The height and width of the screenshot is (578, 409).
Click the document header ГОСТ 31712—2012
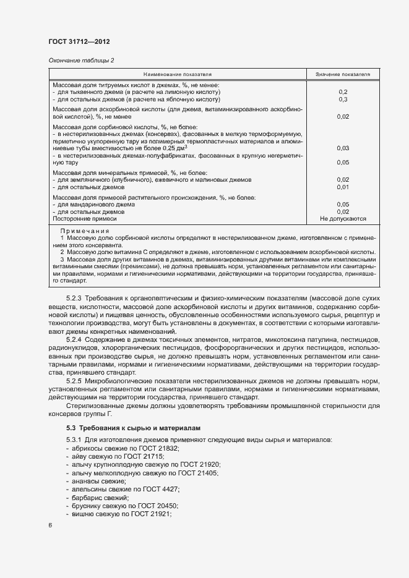pyautogui.click(x=79, y=41)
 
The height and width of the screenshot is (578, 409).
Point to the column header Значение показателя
pyautogui.click(x=342, y=74)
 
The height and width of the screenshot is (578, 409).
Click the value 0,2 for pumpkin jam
pyautogui.click(x=342, y=91)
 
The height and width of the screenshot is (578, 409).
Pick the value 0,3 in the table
pyautogui.click(x=342, y=99)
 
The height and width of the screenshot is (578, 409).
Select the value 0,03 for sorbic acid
pyautogui.click(x=342, y=148)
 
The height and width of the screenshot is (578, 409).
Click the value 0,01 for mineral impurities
pyautogui.click(x=342, y=187)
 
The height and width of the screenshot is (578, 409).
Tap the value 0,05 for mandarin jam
pyautogui.click(x=342, y=204)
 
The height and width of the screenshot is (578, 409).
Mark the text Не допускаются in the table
pyautogui.click(x=343, y=218)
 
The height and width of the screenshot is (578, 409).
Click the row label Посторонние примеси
pyautogui.click(x=84, y=218)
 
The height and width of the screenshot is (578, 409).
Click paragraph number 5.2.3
pyautogui.click(x=74, y=299)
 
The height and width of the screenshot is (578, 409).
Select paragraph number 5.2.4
pyautogui.click(x=74, y=341)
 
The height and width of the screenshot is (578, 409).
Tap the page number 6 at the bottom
pyautogui.click(x=50, y=525)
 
